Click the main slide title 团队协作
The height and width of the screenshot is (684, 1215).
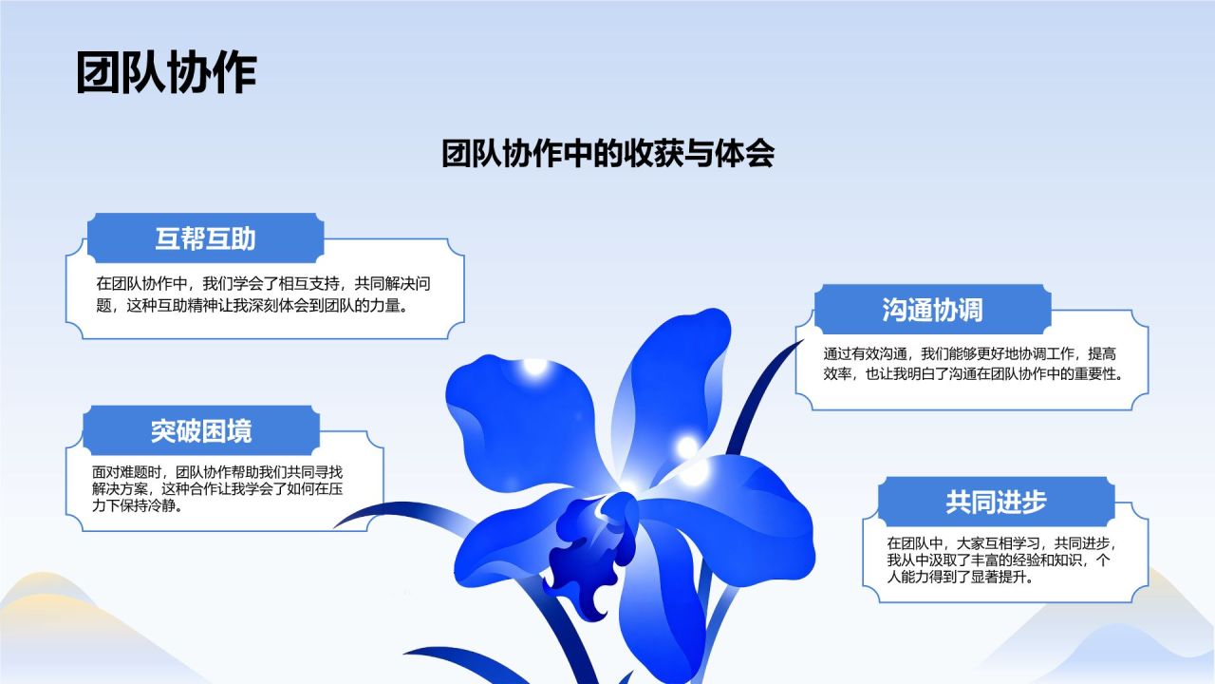(166, 73)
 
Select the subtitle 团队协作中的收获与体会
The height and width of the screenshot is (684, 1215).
(607, 153)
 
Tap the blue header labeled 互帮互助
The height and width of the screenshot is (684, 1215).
(206, 237)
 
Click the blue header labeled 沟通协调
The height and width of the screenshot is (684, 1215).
(932, 309)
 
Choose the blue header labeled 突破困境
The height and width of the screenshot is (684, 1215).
(201, 430)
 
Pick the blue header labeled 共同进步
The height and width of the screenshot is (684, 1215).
(996, 502)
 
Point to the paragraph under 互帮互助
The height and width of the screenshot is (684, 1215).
(263, 294)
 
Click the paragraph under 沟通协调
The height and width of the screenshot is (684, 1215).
(974, 364)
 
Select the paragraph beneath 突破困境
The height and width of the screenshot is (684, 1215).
(217, 488)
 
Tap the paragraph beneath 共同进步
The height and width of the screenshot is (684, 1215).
(1000, 560)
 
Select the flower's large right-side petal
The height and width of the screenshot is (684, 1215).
(743, 522)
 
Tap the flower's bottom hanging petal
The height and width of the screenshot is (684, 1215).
(662, 608)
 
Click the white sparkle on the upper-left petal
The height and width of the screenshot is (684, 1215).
(534, 366)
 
